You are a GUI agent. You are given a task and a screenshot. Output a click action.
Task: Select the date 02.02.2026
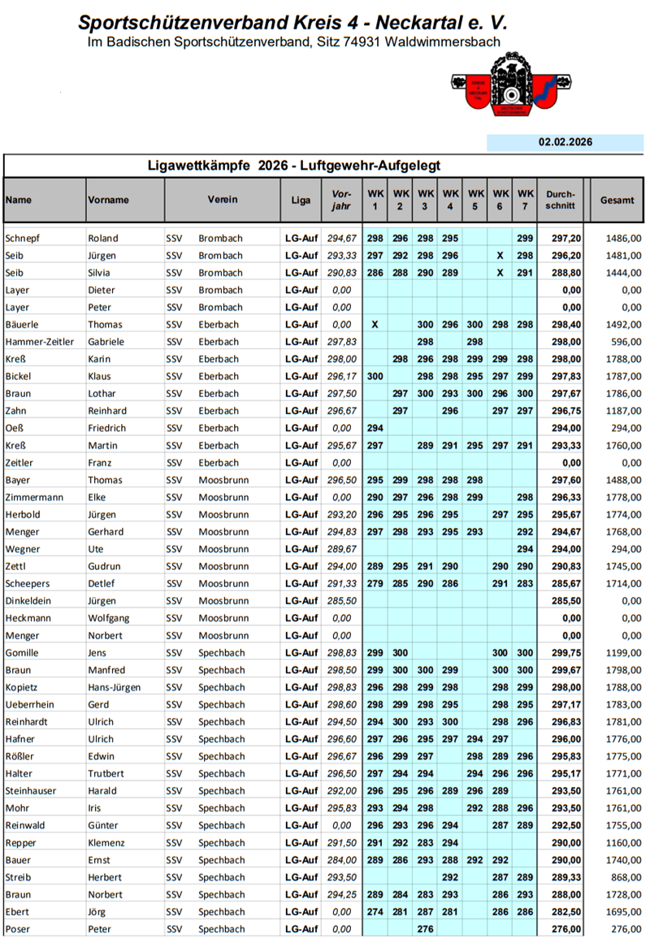(565, 142)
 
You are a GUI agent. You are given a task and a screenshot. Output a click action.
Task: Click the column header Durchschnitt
(561, 200)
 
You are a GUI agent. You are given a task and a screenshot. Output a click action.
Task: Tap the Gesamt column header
(617, 200)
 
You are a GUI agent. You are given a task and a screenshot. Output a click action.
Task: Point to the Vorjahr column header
(341, 200)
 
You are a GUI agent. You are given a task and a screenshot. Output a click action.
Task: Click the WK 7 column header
(526, 200)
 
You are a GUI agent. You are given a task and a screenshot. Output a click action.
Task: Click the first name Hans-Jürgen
(115, 687)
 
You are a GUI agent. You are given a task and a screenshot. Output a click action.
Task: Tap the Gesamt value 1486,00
(624, 238)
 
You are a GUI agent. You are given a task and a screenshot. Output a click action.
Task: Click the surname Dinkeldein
(31, 601)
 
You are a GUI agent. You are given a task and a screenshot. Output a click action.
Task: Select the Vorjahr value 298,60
(341, 705)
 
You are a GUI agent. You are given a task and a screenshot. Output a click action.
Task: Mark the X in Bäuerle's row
(375, 325)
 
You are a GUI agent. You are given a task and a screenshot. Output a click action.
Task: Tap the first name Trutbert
(108, 774)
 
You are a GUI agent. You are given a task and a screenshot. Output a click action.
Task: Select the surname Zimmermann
(34, 497)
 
